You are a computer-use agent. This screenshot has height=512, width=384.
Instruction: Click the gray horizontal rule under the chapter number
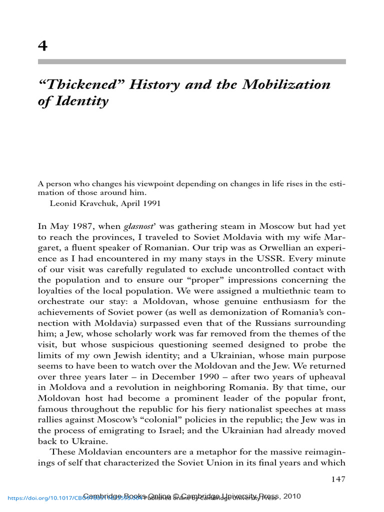[x=192, y=61]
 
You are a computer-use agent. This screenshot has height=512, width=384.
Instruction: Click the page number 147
[x=338, y=479]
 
